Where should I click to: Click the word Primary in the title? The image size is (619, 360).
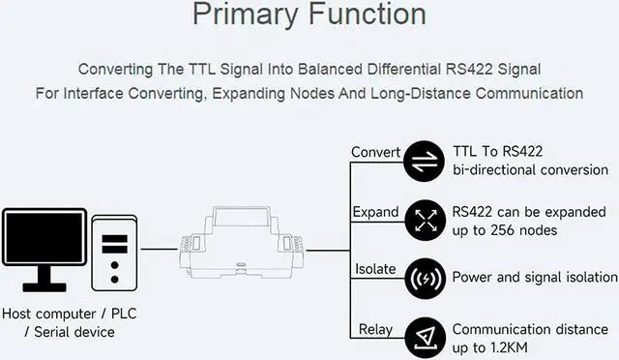pyautogui.click(x=245, y=15)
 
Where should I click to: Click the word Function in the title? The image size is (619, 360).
pyautogui.click(x=368, y=14)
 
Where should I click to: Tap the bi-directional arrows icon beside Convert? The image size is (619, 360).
pyautogui.click(x=425, y=162)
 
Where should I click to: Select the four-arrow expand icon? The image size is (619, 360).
pyautogui.click(x=426, y=220)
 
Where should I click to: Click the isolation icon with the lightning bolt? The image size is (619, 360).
pyautogui.click(x=426, y=279)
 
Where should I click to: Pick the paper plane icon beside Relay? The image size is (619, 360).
pyautogui.click(x=426, y=338)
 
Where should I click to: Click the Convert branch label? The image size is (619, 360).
pyautogui.click(x=375, y=152)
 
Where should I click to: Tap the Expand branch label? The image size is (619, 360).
pyautogui.click(x=375, y=212)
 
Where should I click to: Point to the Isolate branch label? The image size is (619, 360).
pyautogui.click(x=375, y=269)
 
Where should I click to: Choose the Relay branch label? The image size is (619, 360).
pyautogui.click(x=375, y=329)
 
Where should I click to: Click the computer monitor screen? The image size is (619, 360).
pyautogui.click(x=44, y=237)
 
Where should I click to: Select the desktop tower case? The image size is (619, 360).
pyautogui.click(x=114, y=253)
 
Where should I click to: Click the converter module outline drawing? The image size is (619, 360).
pyautogui.click(x=242, y=242)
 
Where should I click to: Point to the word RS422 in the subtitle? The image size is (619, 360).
pyautogui.click(x=469, y=69)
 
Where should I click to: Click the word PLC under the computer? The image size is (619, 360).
pyautogui.click(x=124, y=314)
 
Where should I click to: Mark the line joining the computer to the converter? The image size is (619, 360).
pyautogui.click(x=160, y=249)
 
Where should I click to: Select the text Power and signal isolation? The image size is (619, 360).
pyautogui.click(x=535, y=277)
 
